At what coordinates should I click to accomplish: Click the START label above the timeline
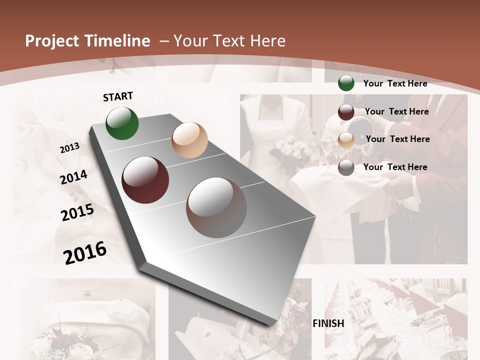click(x=118, y=96)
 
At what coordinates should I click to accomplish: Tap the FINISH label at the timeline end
click(x=328, y=323)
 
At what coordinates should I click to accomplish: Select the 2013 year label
click(x=69, y=148)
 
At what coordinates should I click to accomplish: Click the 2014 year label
click(x=73, y=177)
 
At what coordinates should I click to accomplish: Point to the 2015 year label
click(x=77, y=212)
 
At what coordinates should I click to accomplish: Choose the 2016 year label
click(x=85, y=252)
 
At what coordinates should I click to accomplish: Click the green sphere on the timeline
click(x=122, y=123)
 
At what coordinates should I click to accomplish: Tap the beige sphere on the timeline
click(x=189, y=140)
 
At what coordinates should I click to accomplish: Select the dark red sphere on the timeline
click(x=145, y=180)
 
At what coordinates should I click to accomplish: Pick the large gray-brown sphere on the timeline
click(x=216, y=207)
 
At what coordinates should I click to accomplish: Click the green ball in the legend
click(x=346, y=83)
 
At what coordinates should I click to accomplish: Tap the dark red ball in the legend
click(x=346, y=112)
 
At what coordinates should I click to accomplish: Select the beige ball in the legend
click(x=346, y=140)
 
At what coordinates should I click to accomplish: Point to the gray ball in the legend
click(x=346, y=167)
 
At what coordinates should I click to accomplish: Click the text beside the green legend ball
click(x=395, y=83)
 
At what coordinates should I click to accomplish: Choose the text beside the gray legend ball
click(x=395, y=167)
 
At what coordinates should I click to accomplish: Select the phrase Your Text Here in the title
click(x=229, y=41)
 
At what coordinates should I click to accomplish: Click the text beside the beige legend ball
click(x=397, y=139)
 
